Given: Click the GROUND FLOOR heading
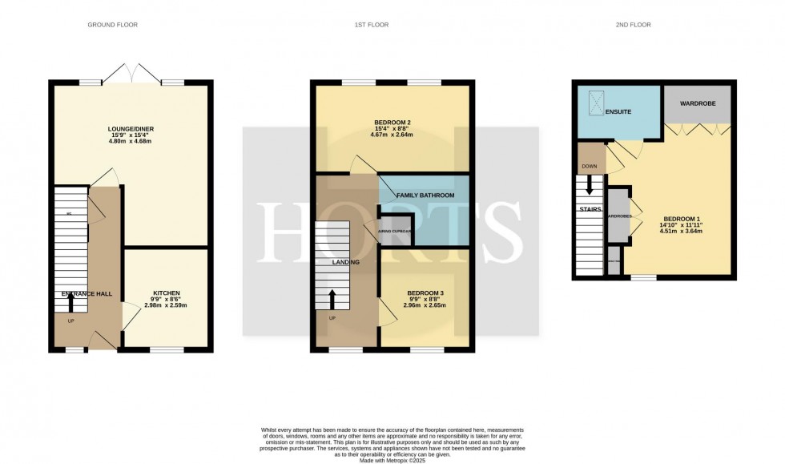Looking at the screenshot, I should [112, 25].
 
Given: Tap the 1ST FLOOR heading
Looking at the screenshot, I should [372, 25].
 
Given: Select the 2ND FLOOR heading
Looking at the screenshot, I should [632, 25].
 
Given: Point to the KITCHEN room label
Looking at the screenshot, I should [167, 293].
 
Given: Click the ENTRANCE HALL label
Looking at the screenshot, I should [87, 294].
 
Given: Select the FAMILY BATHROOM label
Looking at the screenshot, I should [425, 196].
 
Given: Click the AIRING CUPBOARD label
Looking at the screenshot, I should [396, 231].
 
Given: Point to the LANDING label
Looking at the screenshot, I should [346, 262].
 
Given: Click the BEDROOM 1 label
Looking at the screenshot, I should [680, 218].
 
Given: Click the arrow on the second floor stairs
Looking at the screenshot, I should [590, 186].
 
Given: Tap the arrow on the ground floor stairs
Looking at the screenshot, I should [70, 301].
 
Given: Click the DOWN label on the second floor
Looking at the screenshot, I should [589, 167].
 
